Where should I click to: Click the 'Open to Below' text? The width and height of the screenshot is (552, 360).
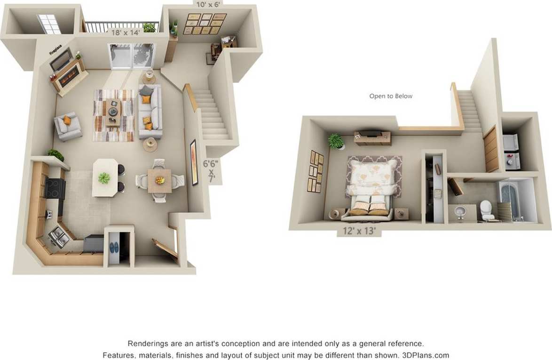pos(391,96)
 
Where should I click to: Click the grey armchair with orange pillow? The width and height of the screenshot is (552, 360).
pos(68,126)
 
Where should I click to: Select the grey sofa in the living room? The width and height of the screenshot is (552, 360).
pos(150,112)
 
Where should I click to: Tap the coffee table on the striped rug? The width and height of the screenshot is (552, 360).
pos(113,112)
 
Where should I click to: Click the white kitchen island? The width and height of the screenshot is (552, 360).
pos(104,177)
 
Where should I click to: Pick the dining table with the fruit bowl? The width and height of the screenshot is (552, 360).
pos(159,181)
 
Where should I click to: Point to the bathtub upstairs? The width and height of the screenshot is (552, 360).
pos(511,200)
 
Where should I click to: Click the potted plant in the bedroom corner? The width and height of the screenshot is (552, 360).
pos(336,141)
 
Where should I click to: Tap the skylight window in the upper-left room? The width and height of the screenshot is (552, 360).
pos(49,24)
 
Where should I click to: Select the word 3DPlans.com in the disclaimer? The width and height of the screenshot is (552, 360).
pos(426,355)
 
